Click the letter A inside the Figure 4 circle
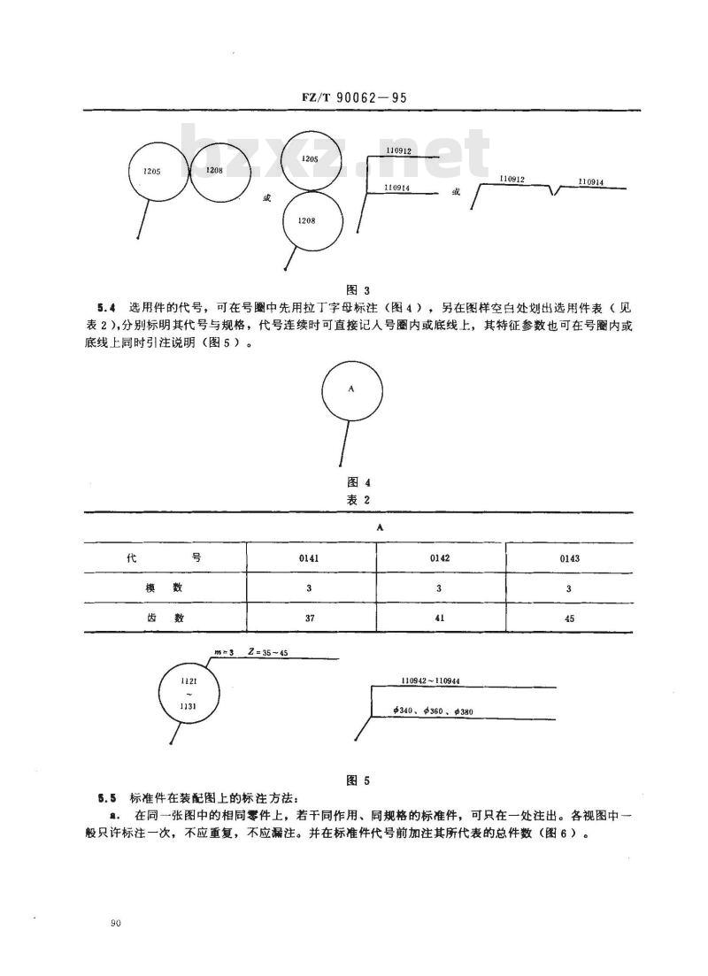[x=351, y=388]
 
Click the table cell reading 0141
[x=309, y=558]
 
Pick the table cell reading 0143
[x=569, y=558]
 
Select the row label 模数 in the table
[x=165, y=588]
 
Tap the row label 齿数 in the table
[x=165, y=619]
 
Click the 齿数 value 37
[x=309, y=619]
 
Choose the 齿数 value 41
[x=439, y=619]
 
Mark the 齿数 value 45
[x=569, y=619]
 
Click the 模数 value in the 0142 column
[x=439, y=588]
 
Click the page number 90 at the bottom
[x=115, y=923]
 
